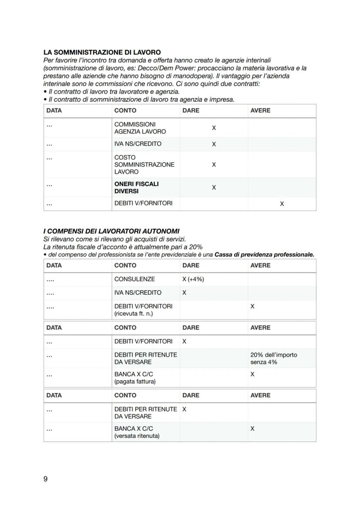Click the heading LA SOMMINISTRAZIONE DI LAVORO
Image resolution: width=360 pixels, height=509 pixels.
coord(102,53)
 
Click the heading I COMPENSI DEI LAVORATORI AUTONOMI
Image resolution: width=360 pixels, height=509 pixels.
coord(111,231)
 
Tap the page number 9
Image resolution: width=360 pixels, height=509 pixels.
coord(46,479)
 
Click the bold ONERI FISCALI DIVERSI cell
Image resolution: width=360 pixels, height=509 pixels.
coord(137,187)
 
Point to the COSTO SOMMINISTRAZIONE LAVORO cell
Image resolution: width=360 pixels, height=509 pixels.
coord(144,164)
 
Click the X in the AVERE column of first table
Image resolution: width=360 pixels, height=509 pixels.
coord(282,203)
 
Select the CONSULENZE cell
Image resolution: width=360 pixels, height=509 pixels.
coord(134,279)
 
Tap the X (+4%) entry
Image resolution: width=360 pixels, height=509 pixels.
coord(193,279)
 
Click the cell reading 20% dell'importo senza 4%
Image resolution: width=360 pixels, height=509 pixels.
coord(273,358)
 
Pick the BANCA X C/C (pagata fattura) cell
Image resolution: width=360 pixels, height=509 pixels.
coord(135,378)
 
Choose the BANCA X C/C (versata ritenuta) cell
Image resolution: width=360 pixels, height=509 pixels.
coord(137,432)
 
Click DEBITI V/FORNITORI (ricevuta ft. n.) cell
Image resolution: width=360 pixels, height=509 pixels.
coord(143,309)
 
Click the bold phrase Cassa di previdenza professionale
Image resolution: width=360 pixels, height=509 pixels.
coord(264,255)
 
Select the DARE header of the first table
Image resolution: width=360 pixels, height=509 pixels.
coord(191,110)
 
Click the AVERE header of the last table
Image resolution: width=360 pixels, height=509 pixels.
coord(260,395)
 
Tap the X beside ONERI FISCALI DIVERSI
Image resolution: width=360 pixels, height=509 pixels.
coord(213,187)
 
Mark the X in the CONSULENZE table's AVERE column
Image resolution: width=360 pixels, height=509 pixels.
coord(252,306)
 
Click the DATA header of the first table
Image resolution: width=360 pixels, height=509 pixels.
coord(54,110)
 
